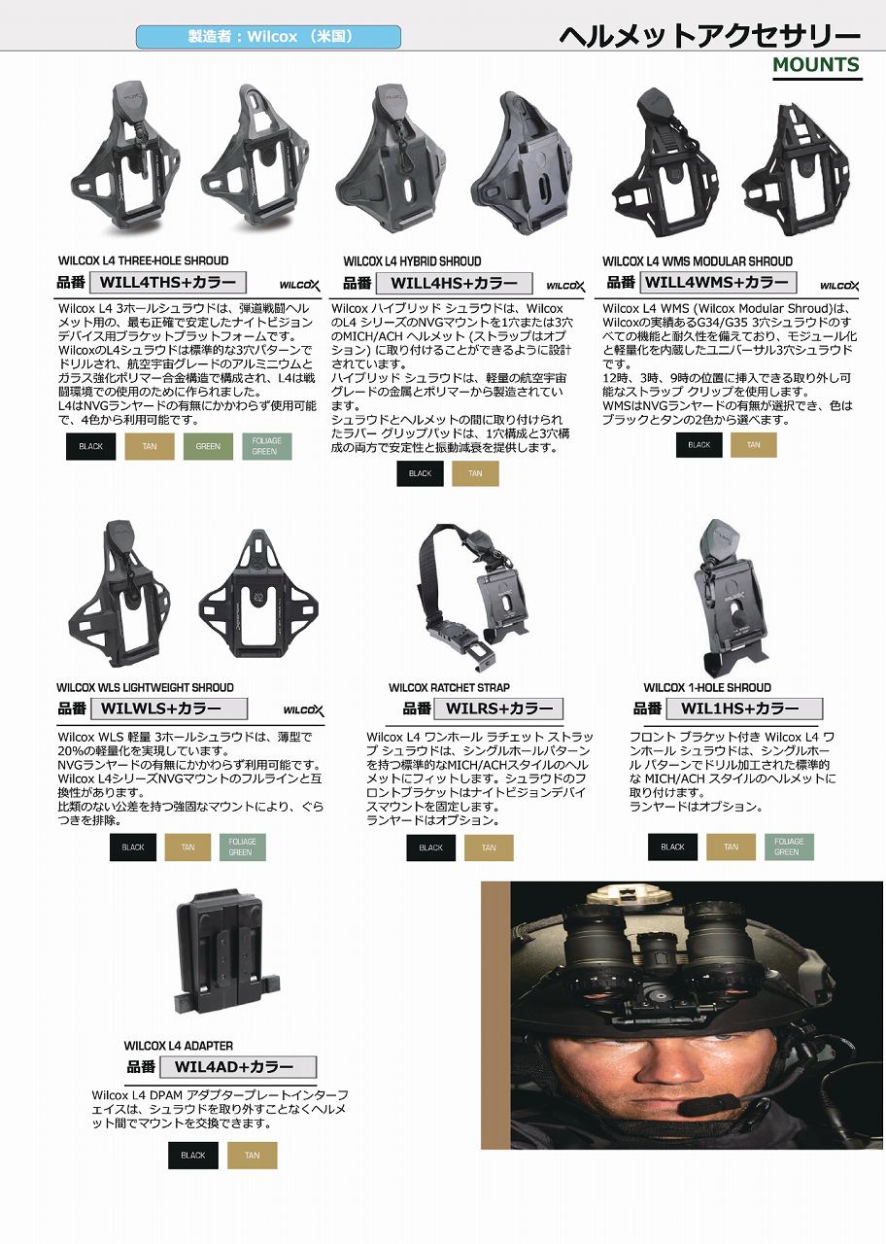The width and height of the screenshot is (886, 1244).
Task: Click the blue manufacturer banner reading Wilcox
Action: click(268, 38)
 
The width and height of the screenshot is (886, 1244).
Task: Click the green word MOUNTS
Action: click(815, 65)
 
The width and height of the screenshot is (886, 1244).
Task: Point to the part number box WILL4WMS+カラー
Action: click(718, 283)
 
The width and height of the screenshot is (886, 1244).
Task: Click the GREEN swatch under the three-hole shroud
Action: click(208, 446)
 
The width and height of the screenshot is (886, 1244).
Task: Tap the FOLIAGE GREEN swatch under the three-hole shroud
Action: click(266, 446)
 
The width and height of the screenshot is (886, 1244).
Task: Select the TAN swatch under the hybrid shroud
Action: click(475, 473)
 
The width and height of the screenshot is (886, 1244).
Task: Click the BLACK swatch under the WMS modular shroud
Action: click(699, 445)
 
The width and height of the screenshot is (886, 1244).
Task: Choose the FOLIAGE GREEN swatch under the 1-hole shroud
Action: click(788, 847)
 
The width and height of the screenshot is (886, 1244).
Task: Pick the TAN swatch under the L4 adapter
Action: click(253, 1156)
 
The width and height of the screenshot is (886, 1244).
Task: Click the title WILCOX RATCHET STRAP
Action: click(449, 688)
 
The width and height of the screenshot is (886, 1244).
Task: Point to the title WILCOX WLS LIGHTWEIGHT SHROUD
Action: click(145, 688)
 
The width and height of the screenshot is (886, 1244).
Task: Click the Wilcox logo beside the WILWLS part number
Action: click(302, 711)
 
